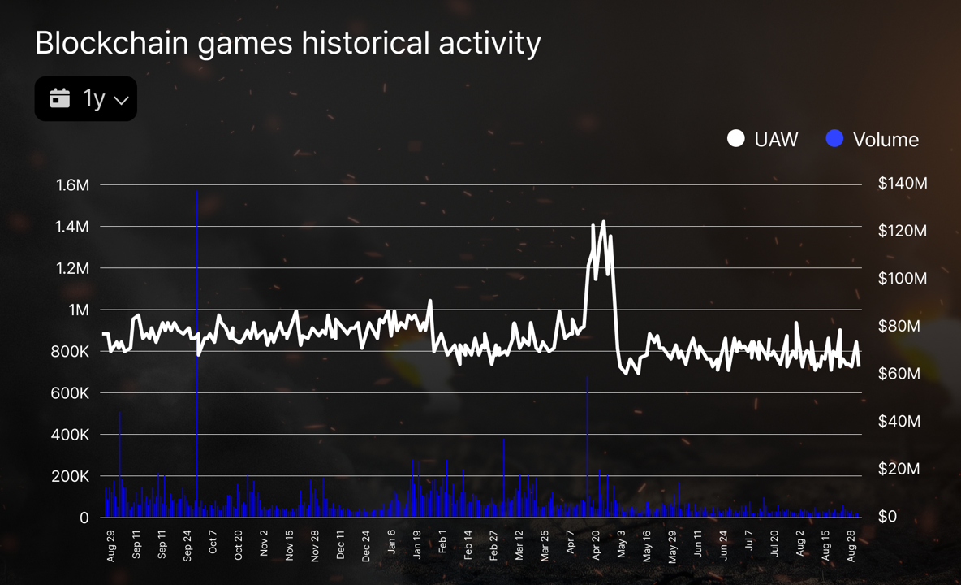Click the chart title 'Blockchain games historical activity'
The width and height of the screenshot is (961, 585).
(287, 43)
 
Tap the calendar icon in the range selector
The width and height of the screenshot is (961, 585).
(60, 98)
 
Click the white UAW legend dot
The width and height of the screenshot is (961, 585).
(735, 139)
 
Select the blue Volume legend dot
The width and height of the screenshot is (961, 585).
(834, 139)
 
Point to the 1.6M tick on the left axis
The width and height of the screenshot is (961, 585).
(72, 185)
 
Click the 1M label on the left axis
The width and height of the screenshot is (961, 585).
(79, 310)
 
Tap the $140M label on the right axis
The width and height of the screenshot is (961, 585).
(902, 184)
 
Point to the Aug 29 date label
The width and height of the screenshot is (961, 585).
(111, 545)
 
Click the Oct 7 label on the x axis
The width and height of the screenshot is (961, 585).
(213, 544)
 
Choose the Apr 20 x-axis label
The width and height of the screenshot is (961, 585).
(596, 545)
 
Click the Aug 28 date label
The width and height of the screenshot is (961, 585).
(851, 545)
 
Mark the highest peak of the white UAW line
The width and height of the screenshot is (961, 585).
(603, 221)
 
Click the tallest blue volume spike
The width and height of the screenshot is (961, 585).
(197, 192)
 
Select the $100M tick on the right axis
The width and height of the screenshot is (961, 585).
(902, 279)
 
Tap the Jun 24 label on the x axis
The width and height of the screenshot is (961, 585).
(723, 545)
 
